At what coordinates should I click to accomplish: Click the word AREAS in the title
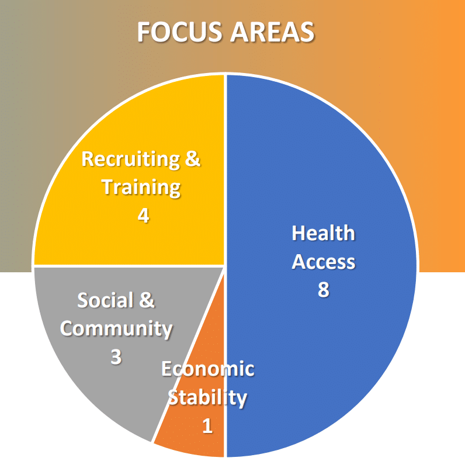coord(272,32)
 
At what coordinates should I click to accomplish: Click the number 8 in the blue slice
coord(324,289)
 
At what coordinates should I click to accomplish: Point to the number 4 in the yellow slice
coord(144,215)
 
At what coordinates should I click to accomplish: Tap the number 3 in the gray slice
coord(116,356)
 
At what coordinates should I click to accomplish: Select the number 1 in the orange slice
coord(207,425)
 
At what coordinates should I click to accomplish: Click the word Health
coord(323,233)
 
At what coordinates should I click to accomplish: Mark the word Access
coord(324,262)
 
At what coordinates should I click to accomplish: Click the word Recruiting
coord(131,160)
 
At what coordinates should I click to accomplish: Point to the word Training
coord(141,188)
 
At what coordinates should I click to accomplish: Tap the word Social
coord(105,300)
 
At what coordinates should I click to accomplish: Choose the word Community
coord(116,329)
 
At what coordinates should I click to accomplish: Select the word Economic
coord(208,369)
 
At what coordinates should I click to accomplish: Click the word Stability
coord(207,398)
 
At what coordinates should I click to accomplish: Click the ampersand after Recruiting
coord(193,158)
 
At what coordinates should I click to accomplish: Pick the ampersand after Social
coord(147,300)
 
